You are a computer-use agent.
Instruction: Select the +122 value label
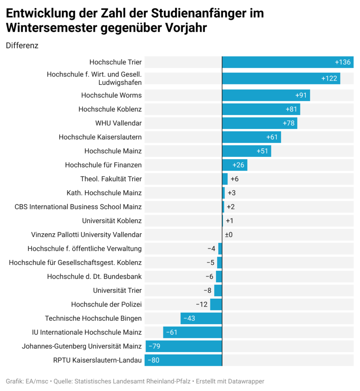coord(329,79)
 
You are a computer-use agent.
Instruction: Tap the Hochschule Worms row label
coord(111,95)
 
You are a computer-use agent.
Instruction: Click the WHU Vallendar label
coord(118,123)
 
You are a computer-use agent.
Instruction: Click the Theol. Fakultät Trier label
coord(111,179)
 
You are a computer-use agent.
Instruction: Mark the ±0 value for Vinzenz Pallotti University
coord(229,235)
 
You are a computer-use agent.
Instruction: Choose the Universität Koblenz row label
coord(112,221)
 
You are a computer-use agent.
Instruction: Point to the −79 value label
coord(154,346)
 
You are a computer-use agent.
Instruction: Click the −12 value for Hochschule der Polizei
coord(202,304)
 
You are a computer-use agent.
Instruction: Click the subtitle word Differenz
coord(22,45)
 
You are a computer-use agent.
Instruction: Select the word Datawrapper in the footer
coord(244,381)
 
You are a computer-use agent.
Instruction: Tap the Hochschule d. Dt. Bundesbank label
coord(94,276)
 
